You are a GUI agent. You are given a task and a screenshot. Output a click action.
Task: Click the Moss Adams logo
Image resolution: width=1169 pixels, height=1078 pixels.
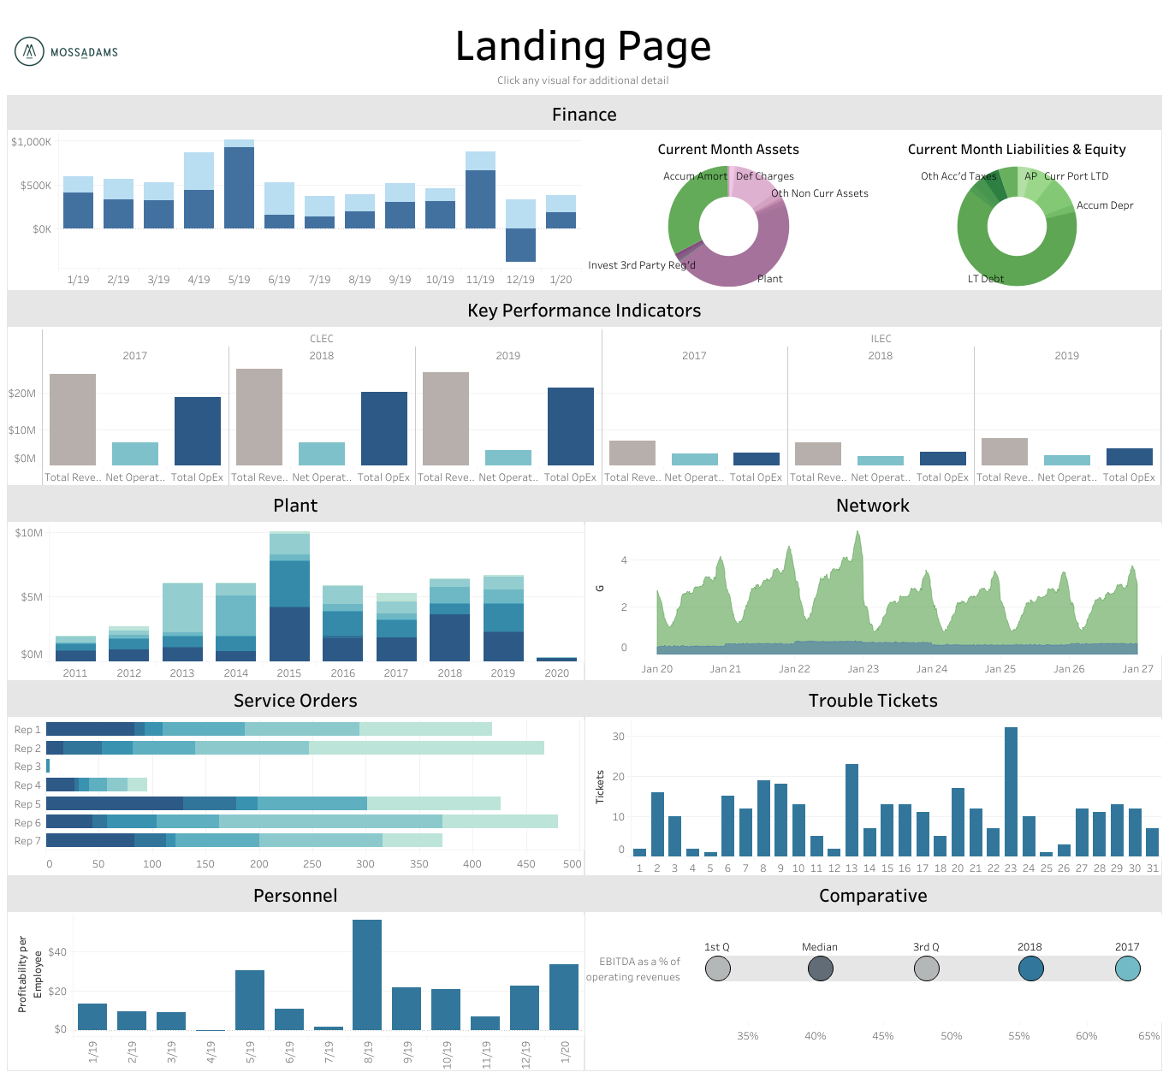click(66, 52)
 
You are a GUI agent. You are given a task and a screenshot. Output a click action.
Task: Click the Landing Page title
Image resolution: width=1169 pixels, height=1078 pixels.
click(583, 46)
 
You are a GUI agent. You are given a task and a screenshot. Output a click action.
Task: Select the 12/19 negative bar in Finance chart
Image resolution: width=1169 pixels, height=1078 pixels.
click(520, 245)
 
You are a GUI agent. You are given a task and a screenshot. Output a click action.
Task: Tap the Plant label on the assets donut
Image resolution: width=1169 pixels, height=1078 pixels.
click(769, 279)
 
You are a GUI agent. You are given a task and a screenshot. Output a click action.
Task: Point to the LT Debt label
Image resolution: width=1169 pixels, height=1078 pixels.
click(985, 279)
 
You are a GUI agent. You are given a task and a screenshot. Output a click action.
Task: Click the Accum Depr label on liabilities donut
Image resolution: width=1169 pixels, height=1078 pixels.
click(1104, 205)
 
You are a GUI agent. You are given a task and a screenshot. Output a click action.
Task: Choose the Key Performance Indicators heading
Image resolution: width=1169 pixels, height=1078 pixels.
click(584, 311)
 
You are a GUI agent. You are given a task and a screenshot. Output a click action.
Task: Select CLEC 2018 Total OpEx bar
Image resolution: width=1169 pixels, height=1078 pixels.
click(383, 429)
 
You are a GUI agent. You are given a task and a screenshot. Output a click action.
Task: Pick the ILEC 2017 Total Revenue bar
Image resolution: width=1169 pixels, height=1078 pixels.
click(632, 453)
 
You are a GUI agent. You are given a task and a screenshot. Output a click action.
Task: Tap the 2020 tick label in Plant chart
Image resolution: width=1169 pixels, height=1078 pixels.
click(556, 673)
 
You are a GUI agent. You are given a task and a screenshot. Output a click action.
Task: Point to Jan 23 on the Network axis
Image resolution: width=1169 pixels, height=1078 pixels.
click(863, 669)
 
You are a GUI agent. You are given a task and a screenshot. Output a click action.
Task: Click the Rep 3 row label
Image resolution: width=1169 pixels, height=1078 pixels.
click(27, 767)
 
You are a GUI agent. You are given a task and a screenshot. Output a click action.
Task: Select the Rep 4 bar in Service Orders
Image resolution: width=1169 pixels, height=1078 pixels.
click(96, 785)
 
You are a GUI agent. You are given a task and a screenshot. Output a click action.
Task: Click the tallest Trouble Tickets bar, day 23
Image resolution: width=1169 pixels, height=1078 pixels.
click(1011, 791)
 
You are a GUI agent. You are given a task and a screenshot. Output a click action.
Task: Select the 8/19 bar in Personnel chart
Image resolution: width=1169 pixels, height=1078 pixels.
click(367, 974)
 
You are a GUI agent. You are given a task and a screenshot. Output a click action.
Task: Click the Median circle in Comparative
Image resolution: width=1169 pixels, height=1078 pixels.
click(820, 968)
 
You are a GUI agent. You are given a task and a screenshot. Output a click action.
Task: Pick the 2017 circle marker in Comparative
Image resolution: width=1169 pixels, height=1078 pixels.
click(1127, 968)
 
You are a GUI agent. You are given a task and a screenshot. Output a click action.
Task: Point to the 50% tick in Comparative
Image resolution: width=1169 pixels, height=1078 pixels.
click(951, 1036)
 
